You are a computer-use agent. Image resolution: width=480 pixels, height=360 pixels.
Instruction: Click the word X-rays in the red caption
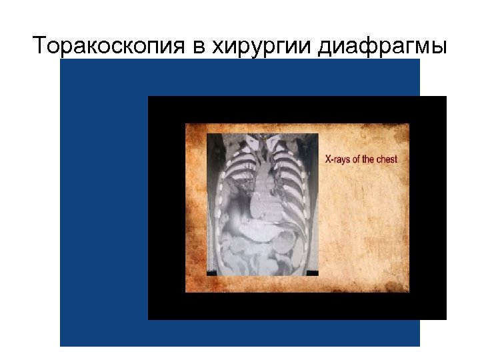[x=337, y=159]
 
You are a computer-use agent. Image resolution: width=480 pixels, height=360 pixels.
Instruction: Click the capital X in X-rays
[x=327, y=159]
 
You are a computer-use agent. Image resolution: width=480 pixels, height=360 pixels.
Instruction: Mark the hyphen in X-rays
[x=332, y=160]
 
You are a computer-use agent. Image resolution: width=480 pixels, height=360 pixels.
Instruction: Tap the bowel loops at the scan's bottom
[x=257, y=257]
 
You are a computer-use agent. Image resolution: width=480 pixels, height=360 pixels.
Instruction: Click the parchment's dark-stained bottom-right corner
[x=403, y=287]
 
